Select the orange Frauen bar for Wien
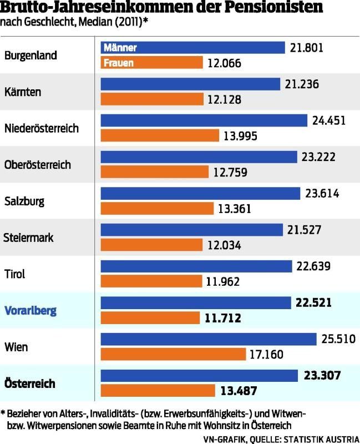[173, 354]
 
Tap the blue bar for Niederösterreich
[204, 120]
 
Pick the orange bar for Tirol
[150, 281]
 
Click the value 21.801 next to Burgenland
[306, 48]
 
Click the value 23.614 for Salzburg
[322, 194]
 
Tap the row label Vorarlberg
[31, 310]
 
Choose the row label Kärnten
[23, 92]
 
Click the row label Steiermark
[29, 238]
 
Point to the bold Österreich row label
[30, 383]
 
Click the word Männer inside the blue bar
[120, 48]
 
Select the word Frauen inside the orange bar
[118, 63]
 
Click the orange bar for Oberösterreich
[155, 172]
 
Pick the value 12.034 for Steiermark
[225, 245]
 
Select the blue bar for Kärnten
[190, 84]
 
